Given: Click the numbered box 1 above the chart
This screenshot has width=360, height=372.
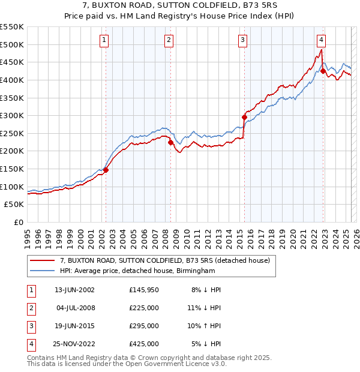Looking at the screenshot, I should (104, 40).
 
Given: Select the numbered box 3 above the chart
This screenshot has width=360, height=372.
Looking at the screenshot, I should (242, 40).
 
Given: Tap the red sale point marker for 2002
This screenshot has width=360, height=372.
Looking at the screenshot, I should (106, 170).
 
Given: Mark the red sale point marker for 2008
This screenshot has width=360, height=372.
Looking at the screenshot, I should (170, 142).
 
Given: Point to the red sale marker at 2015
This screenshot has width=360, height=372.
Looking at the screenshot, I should (244, 117).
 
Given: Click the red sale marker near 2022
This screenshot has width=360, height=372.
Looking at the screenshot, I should (323, 71).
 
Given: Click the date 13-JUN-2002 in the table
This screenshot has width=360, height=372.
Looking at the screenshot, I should (74, 290).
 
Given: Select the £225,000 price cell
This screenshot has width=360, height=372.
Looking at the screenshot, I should (144, 308).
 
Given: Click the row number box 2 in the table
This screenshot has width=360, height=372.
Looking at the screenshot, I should (31, 308).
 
